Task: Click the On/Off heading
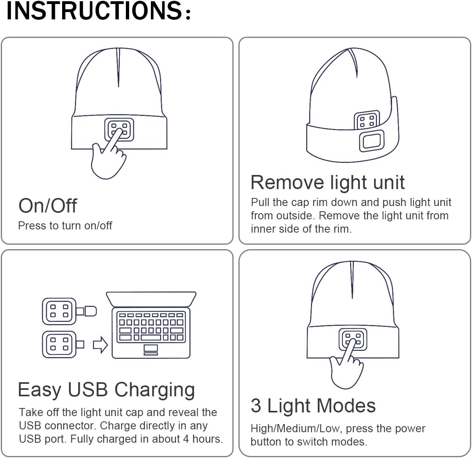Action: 48,206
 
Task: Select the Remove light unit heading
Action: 327,182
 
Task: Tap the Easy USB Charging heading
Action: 107,390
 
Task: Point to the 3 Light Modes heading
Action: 313,406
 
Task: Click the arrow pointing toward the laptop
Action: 100,345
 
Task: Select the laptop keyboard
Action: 151,327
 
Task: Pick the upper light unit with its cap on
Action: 59,311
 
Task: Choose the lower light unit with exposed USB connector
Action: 59,344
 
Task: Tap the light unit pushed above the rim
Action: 367,121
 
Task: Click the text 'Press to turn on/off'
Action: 65,226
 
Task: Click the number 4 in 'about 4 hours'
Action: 186,439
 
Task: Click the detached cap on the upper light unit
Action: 90,311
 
